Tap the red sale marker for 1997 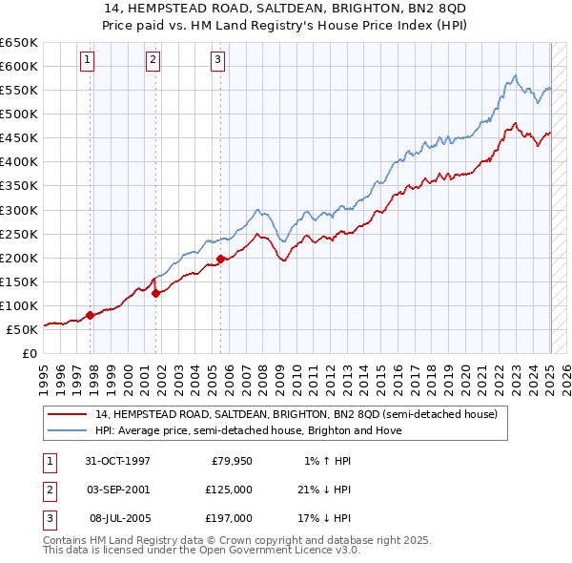(90, 315)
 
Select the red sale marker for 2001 (155, 294)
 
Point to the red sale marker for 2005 (220, 259)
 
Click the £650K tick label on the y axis (19, 43)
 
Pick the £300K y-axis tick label (19, 210)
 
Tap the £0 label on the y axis (29, 353)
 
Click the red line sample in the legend (69, 414)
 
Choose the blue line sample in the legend (69, 430)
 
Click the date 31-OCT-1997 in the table (118, 461)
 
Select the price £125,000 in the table (230, 490)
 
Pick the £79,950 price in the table (232, 461)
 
